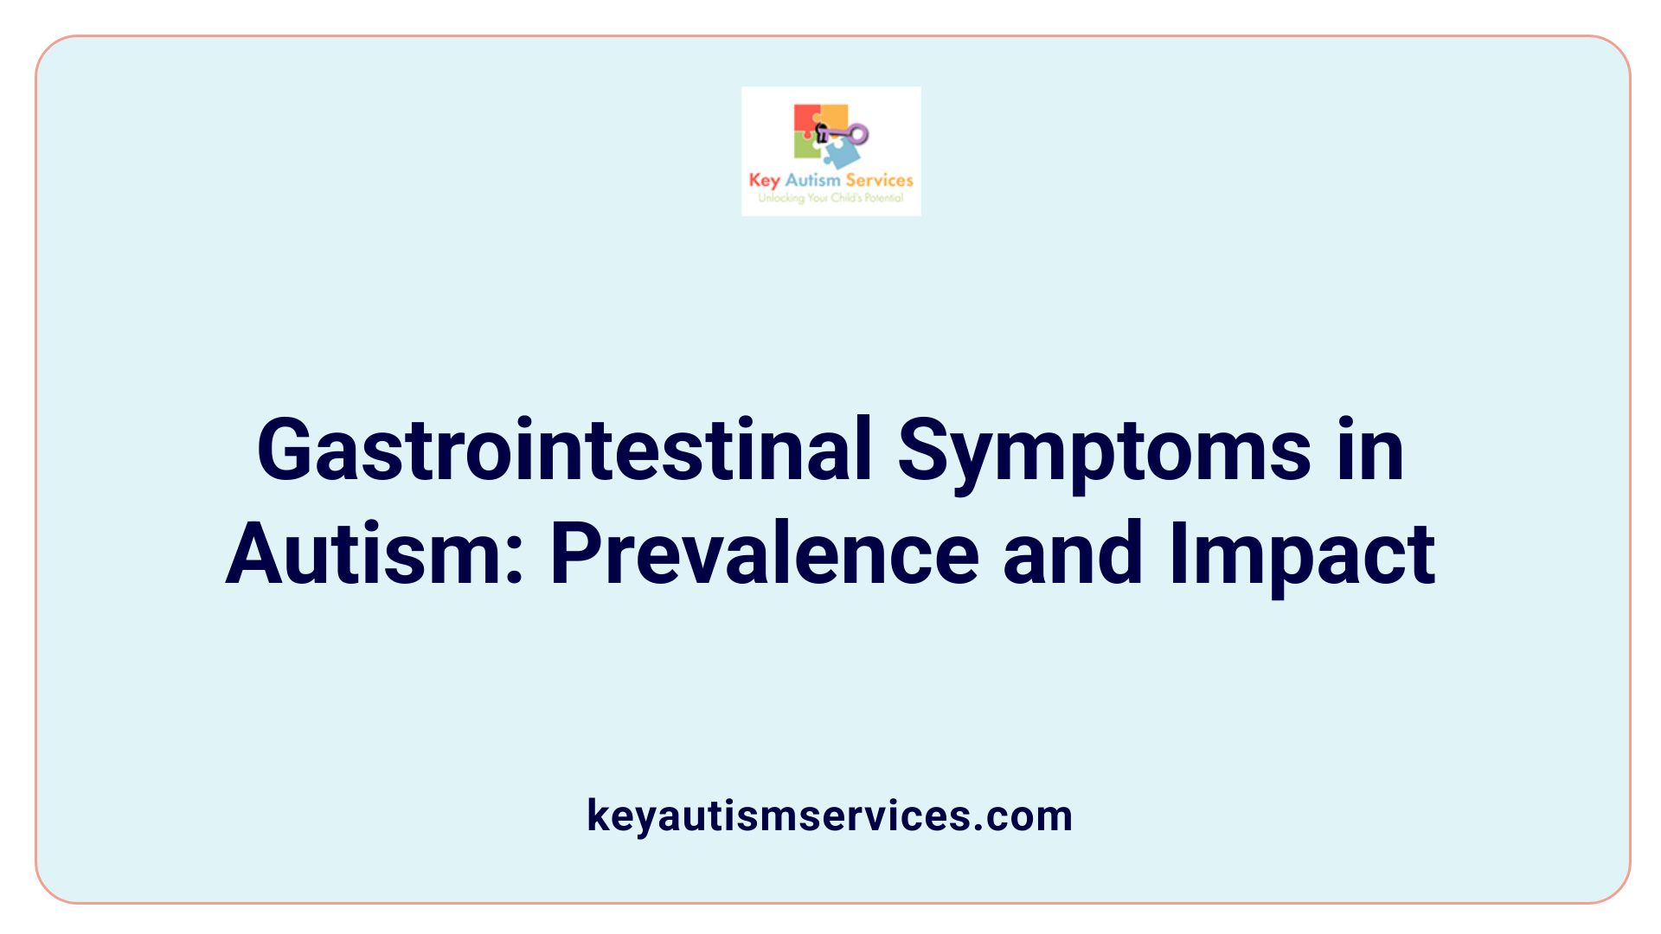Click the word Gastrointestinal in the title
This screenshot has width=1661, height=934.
[564, 450]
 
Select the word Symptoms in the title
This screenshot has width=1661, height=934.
[1104, 450]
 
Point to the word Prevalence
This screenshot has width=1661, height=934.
[764, 553]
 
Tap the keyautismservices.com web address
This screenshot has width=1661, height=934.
[830, 816]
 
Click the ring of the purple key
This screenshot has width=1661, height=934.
[858, 134]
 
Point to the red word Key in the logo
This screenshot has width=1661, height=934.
[765, 180]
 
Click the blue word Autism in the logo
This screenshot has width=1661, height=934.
[812, 180]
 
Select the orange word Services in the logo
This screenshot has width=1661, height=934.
[879, 180]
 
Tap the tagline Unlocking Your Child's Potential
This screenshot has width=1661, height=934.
[830, 198]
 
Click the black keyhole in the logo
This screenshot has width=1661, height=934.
[822, 132]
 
